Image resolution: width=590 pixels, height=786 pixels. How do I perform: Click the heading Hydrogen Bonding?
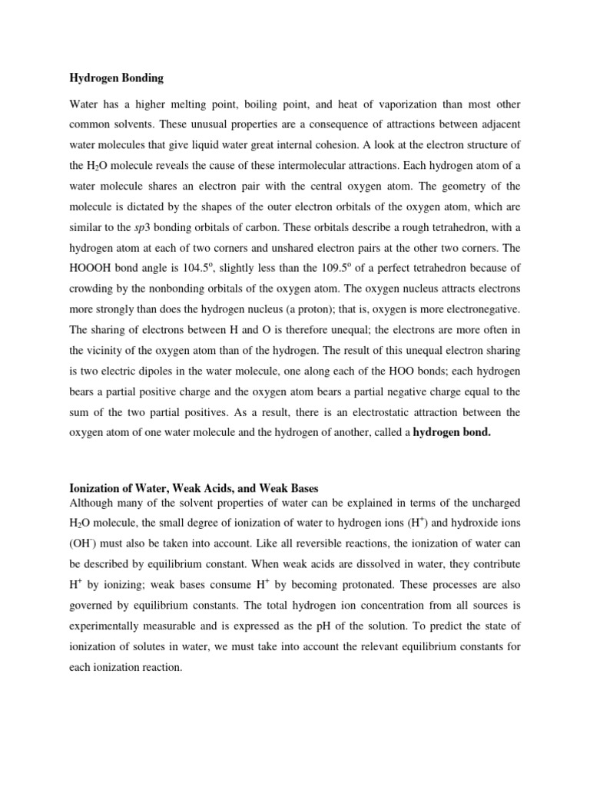[x=117, y=78]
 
